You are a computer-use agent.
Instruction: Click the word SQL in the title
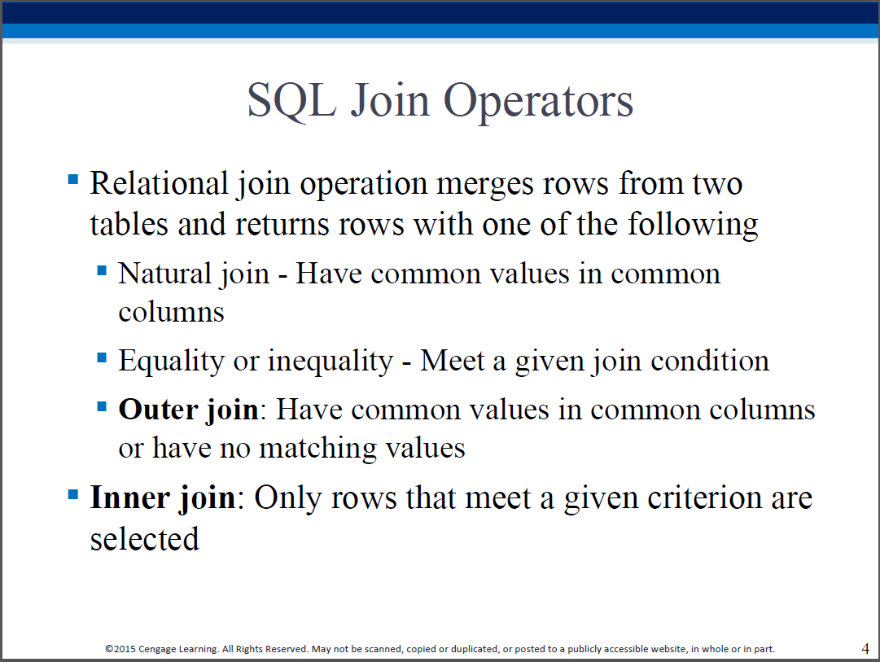tap(291, 100)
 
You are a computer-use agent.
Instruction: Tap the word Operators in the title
tap(538, 102)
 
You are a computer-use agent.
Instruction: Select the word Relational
tap(160, 183)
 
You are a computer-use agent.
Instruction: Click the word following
tap(693, 225)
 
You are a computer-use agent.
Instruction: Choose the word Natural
tap(165, 274)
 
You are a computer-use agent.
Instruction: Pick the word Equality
tap(171, 362)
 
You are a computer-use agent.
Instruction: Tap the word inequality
tap(331, 362)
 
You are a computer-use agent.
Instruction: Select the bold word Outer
tap(158, 409)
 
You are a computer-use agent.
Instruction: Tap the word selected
tap(145, 539)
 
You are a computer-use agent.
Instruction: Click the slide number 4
tap(865, 648)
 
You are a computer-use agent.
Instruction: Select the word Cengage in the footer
tap(156, 649)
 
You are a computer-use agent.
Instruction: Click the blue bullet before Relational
tap(73, 179)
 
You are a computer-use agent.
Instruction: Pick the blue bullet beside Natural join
tap(102, 270)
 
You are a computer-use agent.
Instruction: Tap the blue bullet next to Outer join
tap(102, 406)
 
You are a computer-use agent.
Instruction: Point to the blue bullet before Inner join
tap(73, 494)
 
